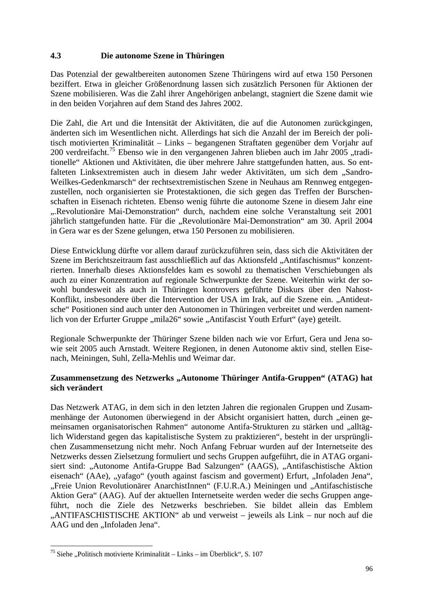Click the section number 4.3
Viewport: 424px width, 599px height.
pyautogui.click(x=56, y=56)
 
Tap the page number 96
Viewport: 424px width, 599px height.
pyautogui.click(x=369, y=569)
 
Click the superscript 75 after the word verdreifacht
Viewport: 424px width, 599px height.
pyautogui.click(x=113, y=150)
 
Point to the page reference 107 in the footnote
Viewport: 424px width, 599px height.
pyautogui.click(x=257, y=554)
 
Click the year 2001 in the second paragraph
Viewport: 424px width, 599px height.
pyautogui.click(x=362, y=211)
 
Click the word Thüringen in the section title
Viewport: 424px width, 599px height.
pyautogui.click(x=204, y=56)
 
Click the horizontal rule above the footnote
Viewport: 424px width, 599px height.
pyautogui.click(x=101, y=546)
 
